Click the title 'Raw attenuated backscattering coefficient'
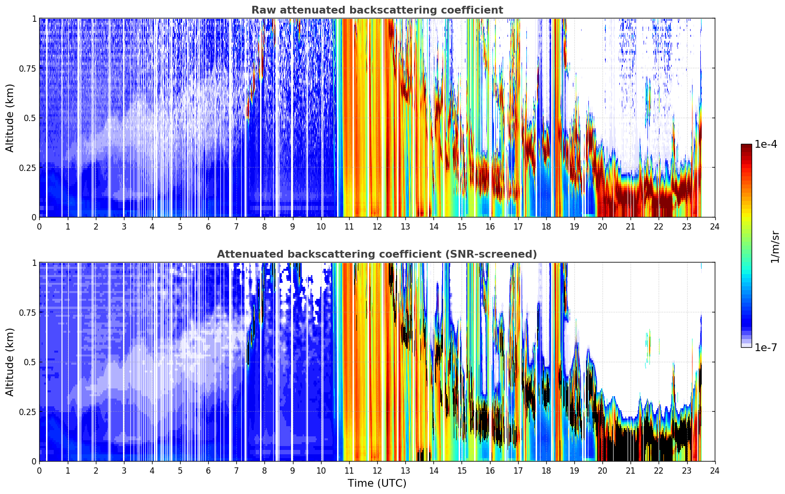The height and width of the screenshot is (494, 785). click(x=377, y=10)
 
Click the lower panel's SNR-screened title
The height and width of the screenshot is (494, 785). click(x=377, y=254)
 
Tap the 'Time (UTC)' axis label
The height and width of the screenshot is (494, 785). click(x=377, y=483)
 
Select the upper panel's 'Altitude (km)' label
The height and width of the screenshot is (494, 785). click(x=10, y=118)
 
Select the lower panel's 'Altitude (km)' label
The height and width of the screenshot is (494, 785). click(x=10, y=362)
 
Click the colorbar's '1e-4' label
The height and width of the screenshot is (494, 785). click(x=766, y=144)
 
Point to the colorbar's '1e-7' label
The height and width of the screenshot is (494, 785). click(x=766, y=348)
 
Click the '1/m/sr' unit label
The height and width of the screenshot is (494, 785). click(x=775, y=247)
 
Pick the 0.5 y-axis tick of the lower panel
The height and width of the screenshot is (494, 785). click(x=30, y=362)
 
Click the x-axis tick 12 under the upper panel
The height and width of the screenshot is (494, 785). click(x=377, y=227)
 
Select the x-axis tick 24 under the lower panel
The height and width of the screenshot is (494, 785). click(x=715, y=471)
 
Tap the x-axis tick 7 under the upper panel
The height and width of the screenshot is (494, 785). click(x=236, y=227)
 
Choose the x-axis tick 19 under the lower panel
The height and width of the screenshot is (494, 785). click(x=574, y=471)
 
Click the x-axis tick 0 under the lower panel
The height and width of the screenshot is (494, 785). click(x=39, y=471)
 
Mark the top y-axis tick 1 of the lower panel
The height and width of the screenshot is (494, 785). click(x=34, y=262)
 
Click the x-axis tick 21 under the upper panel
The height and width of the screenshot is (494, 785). click(x=631, y=227)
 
